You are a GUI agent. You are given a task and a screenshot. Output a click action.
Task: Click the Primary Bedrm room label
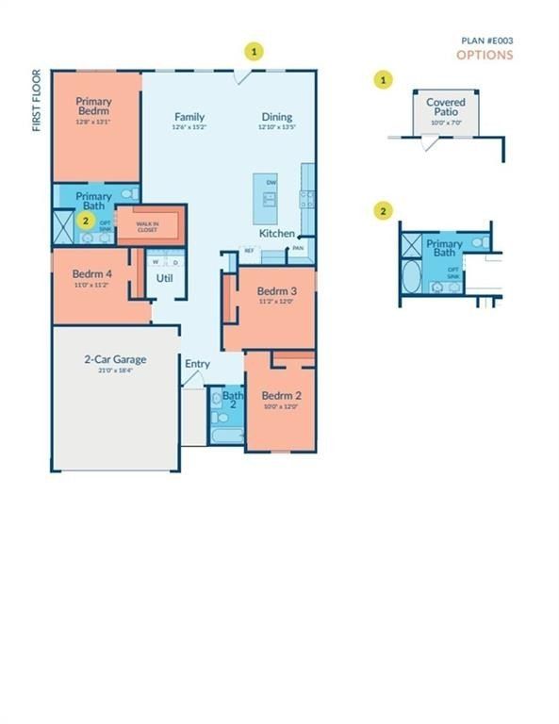(95, 107)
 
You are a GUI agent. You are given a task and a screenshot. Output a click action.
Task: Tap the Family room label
(189, 117)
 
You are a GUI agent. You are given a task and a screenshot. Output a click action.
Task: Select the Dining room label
(277, 117)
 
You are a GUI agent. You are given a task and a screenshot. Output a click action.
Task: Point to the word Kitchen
(277, 233)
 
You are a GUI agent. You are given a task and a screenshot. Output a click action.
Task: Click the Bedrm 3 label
(277, 290)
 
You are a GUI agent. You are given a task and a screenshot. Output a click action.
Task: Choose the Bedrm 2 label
(281, 395)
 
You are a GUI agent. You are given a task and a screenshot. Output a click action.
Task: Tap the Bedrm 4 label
(91, 274)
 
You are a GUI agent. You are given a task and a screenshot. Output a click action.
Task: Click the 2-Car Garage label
(115, 359)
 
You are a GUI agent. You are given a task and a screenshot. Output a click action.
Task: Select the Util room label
(165, 279)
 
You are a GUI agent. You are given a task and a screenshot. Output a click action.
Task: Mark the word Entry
(197, 364)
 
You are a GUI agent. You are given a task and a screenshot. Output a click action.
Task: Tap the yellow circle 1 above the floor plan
(253, 51)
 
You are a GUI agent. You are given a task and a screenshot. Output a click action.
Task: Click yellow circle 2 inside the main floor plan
(86, 221)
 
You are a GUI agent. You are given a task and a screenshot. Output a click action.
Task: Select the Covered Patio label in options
(445, 107)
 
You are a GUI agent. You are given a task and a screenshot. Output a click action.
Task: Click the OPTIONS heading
(485, 55)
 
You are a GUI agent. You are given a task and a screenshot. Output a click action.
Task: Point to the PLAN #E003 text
(486, 41)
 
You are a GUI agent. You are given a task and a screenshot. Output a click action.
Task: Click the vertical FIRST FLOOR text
(38, 100)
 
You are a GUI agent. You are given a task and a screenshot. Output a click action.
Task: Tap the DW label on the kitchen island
(271, 182)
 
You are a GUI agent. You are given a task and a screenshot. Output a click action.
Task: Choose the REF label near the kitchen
(250, 250)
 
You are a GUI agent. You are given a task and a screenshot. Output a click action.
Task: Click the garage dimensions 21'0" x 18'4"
(115, 371)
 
